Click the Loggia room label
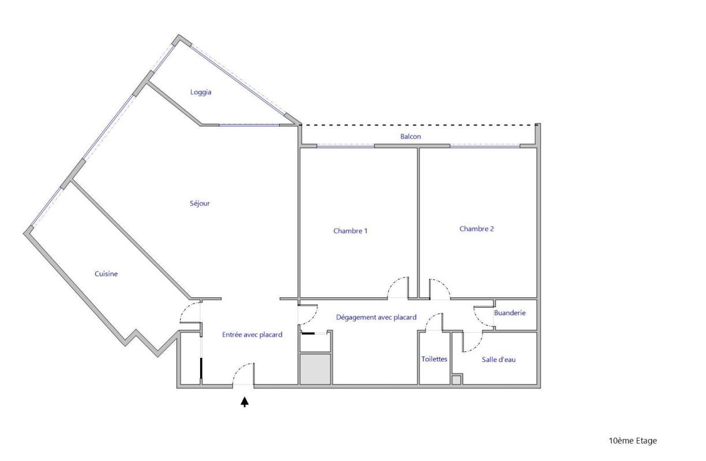tap(201, 92)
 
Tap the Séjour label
tap(200, 203)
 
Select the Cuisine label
tap(106, 274)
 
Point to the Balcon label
tap(410, 137)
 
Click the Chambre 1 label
tap(351, 231)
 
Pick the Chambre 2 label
tap(476, 229)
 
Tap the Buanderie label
tap(510, 313)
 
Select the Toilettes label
tap(434, 359)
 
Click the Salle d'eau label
tap(498, 359)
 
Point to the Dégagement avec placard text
tap(376, 318)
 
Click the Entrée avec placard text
tap(252, 335)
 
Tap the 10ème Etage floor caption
tap(633, 440)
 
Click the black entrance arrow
tap(245, 402)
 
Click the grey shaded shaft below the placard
tap(315, 369)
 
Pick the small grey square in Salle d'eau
tap(456, 380)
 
